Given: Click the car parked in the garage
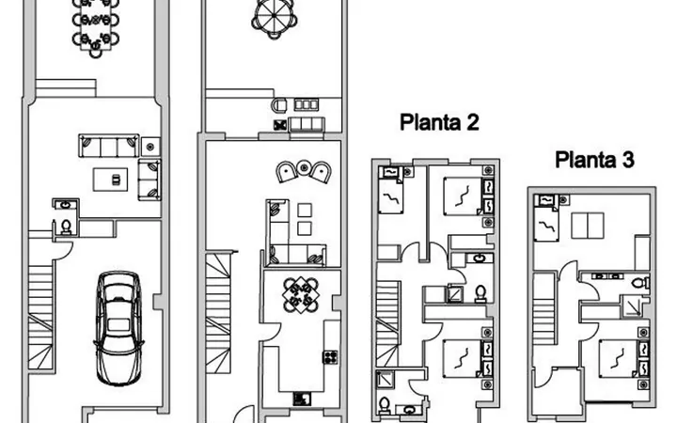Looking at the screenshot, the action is click(118, 328).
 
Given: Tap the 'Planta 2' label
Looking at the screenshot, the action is click(439, 122).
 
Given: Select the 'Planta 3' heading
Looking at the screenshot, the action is click(594, 159).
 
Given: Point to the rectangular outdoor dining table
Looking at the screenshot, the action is click(95, 26).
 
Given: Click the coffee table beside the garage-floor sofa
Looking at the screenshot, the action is click(111, 180).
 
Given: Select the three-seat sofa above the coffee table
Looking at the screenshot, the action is click(109, 146).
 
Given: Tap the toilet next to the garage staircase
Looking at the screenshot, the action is click(66, 227).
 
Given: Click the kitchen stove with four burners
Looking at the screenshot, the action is click(330, 357).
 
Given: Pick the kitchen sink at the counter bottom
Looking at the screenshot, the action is click(302, 398).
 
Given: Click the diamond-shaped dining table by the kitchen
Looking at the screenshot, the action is click(301, 295).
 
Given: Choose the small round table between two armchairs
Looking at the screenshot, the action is click(304, 167).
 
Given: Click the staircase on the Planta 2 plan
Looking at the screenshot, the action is click(387, 323).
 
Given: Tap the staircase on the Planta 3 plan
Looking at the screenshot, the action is click(543, 308).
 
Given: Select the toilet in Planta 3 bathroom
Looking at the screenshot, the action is click(640, 283).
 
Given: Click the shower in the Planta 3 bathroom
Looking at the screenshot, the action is click(633, 306).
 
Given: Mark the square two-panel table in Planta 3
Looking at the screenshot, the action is click(587, 226).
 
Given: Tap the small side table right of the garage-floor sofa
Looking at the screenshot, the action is click(150, 147).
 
